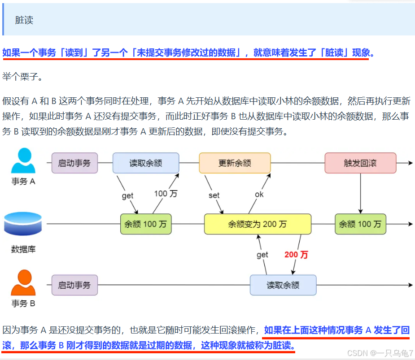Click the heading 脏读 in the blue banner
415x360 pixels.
(24, 20)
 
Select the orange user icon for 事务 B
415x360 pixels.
(23, 283)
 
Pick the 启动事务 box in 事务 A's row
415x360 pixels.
(74, 163)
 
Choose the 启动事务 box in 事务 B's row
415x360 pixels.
(74, 285)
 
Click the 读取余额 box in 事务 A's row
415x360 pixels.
(146, 163)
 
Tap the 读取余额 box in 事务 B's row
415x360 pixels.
(283, 285)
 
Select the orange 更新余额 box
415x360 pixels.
(235, 163)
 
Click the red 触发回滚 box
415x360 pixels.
(360, 163)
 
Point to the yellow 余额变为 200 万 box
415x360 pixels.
(258, 224)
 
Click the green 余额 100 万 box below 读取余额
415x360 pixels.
(146, 224)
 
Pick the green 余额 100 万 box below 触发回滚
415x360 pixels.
(360, 224)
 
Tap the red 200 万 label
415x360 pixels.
(296, 255)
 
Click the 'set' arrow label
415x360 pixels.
(214, 195)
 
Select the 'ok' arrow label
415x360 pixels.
(259, 194)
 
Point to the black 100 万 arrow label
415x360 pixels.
(166, 194)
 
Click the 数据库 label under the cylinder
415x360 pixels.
(23, 249)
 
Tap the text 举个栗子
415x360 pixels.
(22, 77)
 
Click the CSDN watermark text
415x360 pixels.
(380, 353)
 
